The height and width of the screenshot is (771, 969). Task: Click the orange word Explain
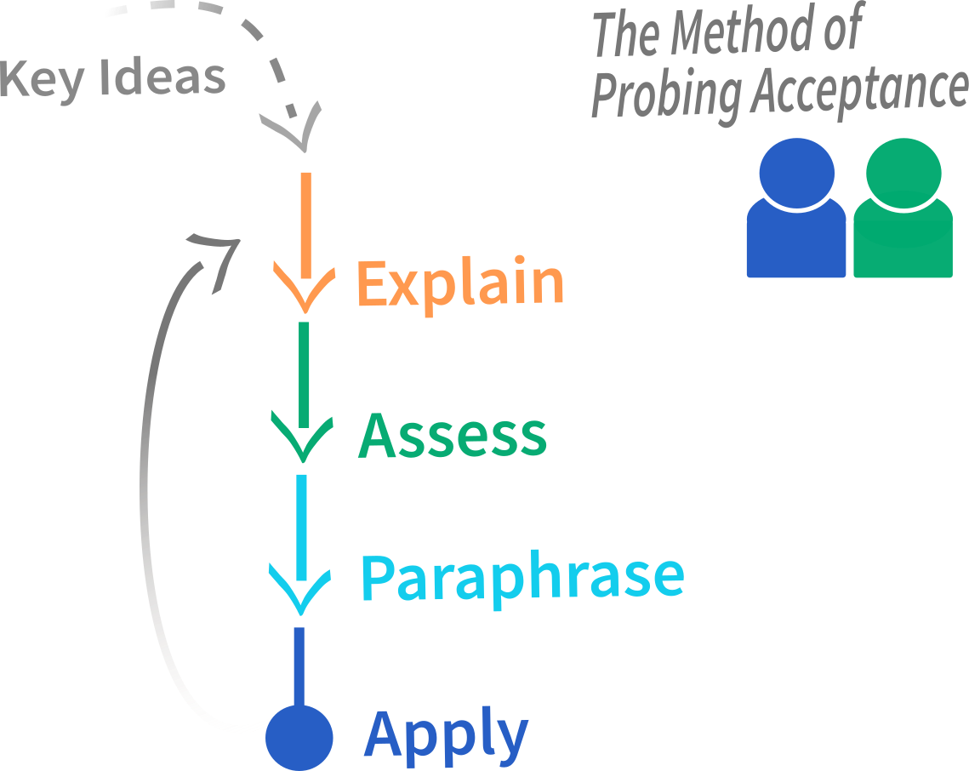pos(460,284)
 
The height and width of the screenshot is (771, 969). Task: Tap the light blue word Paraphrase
pos(523,579)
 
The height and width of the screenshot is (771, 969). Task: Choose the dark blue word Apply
pos(446,736)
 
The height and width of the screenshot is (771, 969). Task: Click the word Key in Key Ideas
pos(42,80)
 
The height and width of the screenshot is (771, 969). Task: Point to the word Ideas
pos(162,77)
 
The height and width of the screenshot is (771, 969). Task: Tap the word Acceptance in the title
pos(859,90)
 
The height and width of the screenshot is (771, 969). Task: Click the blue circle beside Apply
pos(299,738)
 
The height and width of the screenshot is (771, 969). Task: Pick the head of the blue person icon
pos(796,174)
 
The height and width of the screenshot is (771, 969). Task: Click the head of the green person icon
pos(903,174)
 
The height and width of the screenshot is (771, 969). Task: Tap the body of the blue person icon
pos(796,244)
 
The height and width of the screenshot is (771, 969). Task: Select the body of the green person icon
pos(903,244)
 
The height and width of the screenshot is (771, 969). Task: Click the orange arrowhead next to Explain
pos(304,290)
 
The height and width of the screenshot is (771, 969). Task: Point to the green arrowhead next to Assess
pos(302,440)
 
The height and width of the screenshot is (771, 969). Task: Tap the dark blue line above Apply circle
pos(299,666)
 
